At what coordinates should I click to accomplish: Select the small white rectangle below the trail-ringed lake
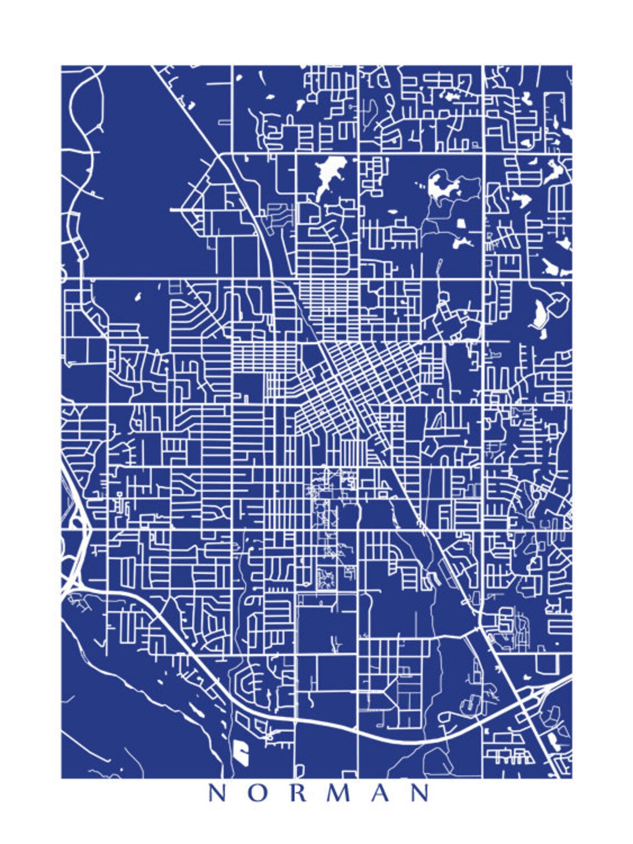tap(460, 223)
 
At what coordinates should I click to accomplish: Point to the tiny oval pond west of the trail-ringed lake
tap(391, 212)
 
